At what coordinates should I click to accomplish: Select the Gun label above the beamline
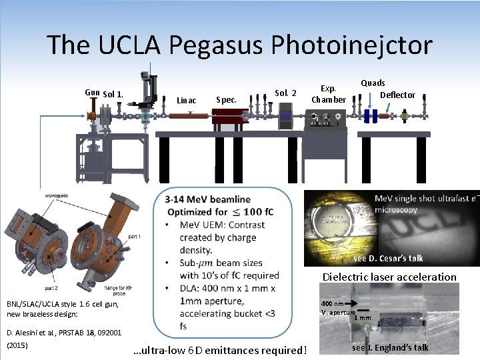point(92,93)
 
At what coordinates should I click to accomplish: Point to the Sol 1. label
point(113,94)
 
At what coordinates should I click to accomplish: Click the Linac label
point(186,101)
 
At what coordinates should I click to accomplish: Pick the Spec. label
point(227,100)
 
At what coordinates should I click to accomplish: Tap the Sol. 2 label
point(285,93)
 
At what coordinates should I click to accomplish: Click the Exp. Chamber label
point(329,94)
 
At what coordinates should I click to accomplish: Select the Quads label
point(373,83)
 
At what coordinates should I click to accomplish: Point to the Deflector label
point(397,95)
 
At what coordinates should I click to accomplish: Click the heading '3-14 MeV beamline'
point(207,199)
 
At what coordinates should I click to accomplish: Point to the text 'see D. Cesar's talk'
point(388,258)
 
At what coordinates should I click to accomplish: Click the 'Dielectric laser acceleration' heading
point(389,277)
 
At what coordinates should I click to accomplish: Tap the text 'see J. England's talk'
point(390,347)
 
